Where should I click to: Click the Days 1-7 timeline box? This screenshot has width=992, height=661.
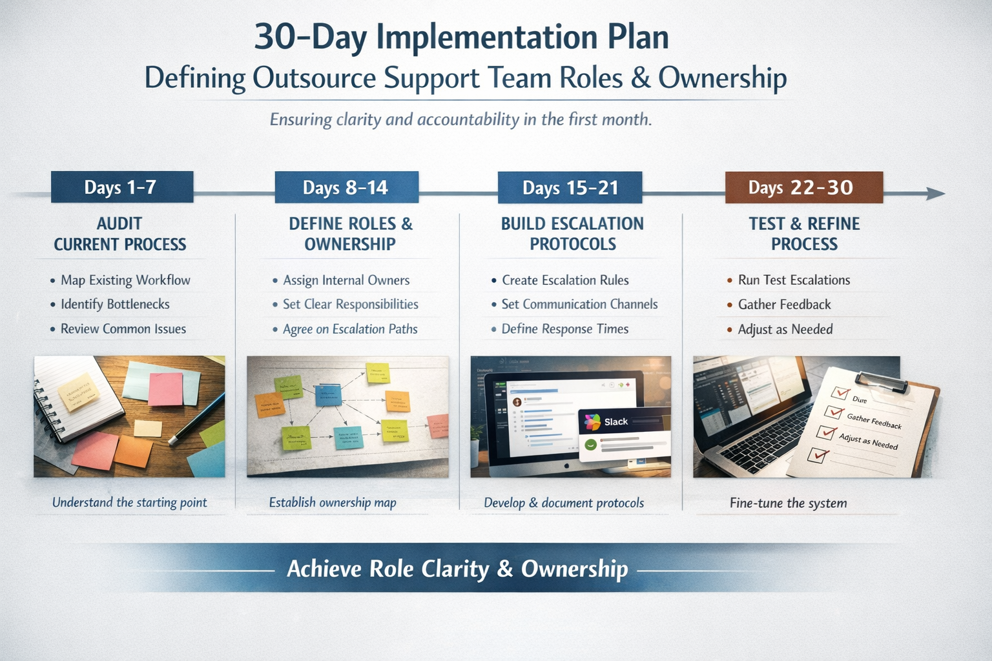(x=121, y=187)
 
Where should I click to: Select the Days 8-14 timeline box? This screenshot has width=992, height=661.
(x=346, y=187)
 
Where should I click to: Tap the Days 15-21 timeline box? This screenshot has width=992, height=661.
(x=570, y=188)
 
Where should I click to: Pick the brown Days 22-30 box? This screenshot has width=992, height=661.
(x=803, y=188)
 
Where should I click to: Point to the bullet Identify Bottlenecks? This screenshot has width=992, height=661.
(x=115, y=304)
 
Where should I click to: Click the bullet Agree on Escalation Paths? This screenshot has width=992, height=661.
(x=350, y=329)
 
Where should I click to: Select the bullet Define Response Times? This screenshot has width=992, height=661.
(x=564, y=329)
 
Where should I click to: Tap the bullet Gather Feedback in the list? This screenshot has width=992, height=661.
(x=784, y=305)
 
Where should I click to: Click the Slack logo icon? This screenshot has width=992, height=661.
(x=592, y=422)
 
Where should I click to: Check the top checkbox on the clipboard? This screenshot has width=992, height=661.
(x=840, y=392)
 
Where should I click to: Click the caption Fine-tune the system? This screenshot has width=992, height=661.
(x=788, y=503)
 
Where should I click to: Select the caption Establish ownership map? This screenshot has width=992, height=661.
(x=333, y=502)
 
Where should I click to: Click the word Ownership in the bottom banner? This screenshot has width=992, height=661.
(x=574, y=569)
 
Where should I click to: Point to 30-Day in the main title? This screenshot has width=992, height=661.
(x=311, y=37)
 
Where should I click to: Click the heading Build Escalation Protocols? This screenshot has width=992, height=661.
(x=572, y=234)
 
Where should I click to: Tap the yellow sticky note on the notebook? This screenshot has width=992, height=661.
(x=78, y=391)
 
